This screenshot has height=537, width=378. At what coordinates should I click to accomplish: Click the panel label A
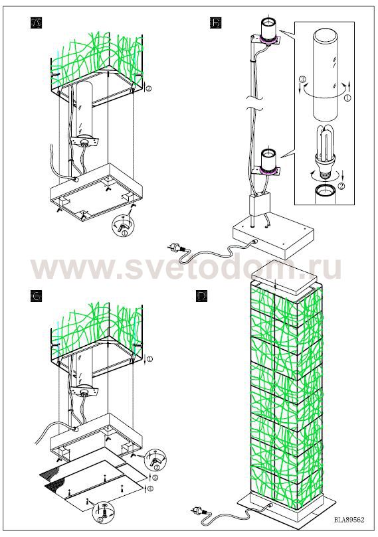click(x=37, y=23)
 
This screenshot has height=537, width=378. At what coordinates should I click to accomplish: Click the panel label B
click(x=215, y=23)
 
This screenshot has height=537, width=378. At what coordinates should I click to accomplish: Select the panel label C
click(x=36, y=296)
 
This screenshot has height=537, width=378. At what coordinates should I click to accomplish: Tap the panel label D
click(x=202, y=296)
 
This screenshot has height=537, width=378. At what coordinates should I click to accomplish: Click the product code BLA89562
click(x=349, y=520)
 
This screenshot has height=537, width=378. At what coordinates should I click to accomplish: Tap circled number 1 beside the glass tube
click(x=347, y=98)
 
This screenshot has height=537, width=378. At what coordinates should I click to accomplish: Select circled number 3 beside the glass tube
click(x=302, y=80)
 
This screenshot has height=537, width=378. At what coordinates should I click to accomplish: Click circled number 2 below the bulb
click(x=341, y=187)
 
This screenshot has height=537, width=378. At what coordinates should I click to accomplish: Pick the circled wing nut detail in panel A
click(x=124, y=225)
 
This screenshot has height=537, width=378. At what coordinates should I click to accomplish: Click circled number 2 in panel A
click(x=149, y=88)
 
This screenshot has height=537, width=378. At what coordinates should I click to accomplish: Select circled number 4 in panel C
click(x=149, y=488)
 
